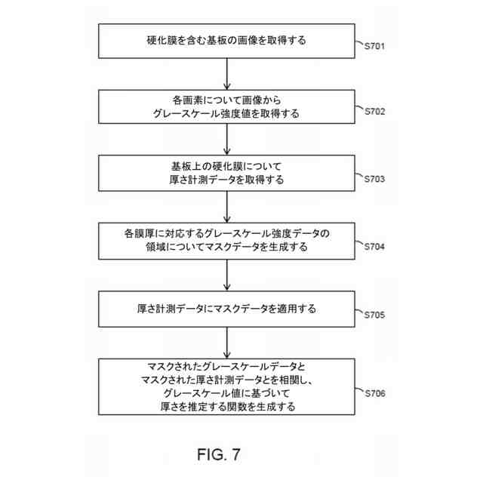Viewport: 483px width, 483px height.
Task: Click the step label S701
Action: pos(374,47)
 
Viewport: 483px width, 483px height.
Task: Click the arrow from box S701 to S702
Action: pos(227,74)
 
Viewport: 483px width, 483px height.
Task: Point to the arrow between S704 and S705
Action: pos(227,275)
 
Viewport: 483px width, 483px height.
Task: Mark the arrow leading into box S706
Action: pos(227,343)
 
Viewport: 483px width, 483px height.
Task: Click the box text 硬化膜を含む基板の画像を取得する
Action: pos(227,41)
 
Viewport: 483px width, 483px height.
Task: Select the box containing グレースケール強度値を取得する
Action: pos(227,107)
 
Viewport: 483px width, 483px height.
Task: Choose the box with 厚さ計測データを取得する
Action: pos(227,173)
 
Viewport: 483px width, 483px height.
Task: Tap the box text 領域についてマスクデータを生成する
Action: pos(227,247)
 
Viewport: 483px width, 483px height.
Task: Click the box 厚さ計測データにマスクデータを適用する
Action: pos(227,309)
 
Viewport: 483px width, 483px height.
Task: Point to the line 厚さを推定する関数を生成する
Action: pos(227,407)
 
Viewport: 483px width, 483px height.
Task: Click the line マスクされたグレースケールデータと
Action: pos(227,366)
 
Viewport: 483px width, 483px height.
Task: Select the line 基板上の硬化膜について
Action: pos(227,166)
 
